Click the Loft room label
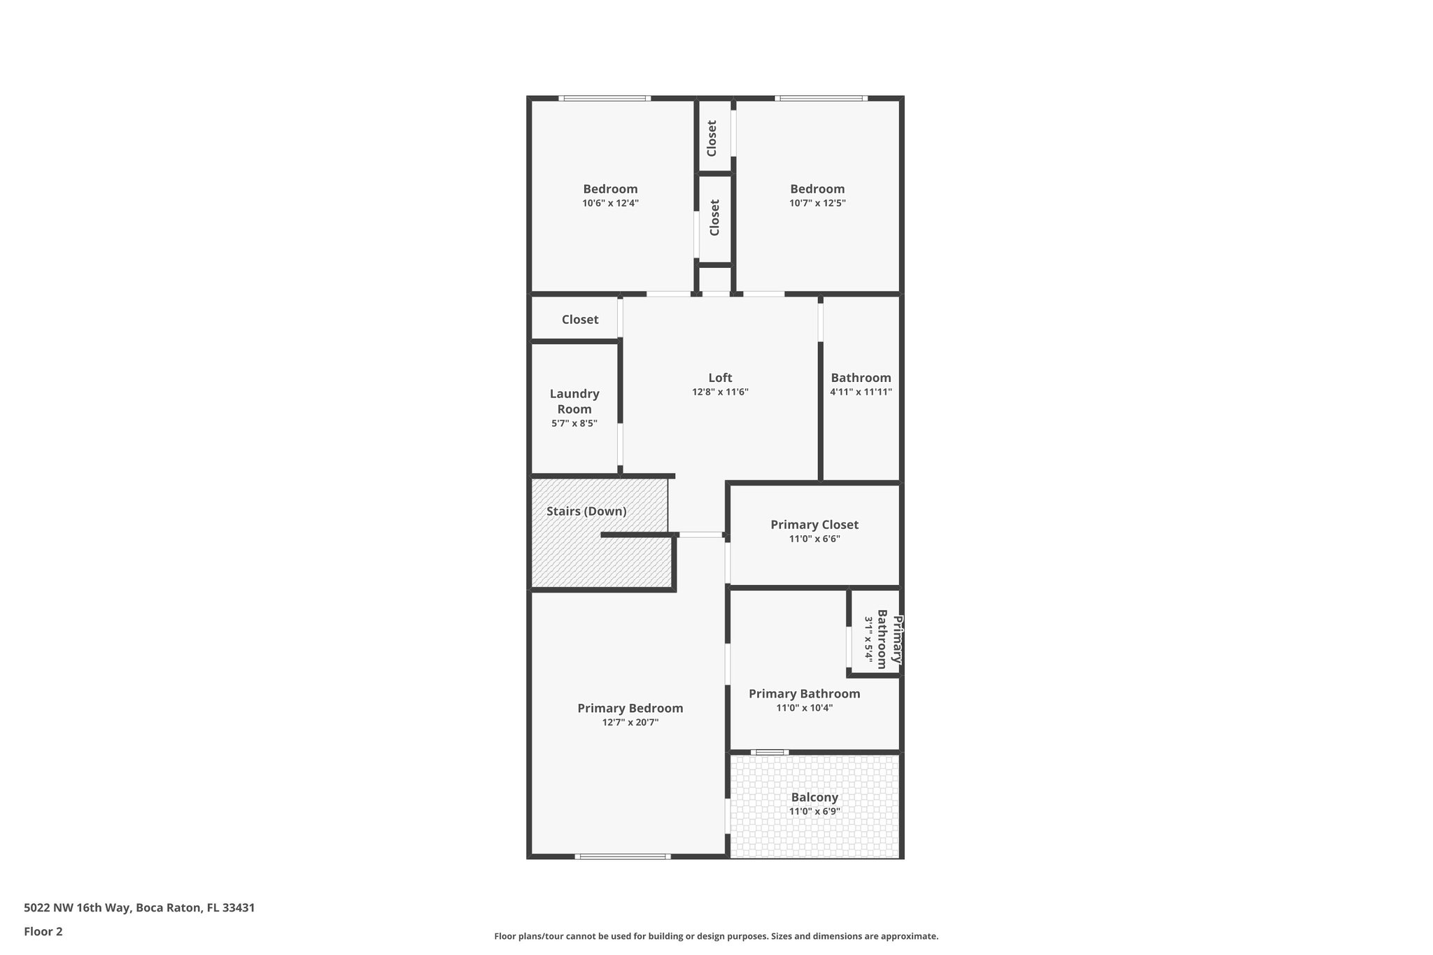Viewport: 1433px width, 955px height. pyautogui.click(x=720, y=378)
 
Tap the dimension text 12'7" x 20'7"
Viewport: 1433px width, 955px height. pyautogui.click(x=630, y=723)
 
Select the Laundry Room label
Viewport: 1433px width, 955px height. pyautogui.click(x=574, y=402)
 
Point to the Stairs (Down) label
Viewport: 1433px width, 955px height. pyautogui.click(x=586, y=511)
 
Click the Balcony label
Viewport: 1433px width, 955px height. pyautogui.click(x=814, y=798)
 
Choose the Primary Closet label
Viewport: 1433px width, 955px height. pyautogui.click(x=814, y=525)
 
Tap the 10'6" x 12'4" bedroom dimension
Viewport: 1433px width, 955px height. pyautogui.click(x=610, y=204)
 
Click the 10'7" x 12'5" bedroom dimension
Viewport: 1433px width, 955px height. pyautogui.click(x=817, y=204)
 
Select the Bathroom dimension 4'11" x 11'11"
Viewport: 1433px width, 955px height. pyautogui.click(x=861, y=392)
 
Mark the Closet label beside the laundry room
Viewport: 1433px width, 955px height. pyautogui.click(x=580, y=320)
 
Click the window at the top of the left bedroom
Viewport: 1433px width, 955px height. pyautogui.click(x=605, y=99)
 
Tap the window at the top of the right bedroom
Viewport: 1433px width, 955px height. pyautogui.click(x=821, y=99)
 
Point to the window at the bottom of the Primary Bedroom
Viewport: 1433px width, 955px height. pyautogui.click(x=623, y=856)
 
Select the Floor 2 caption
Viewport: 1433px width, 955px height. pyautogui.click(x=43, y=932)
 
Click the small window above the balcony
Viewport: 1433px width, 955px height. pyautogui.click(x=770, y=753)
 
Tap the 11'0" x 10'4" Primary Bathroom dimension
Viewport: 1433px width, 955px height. pyautogui.click(x=804, y=708)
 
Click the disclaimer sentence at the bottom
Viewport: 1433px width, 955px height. pyautogui.click(x=716, y=936)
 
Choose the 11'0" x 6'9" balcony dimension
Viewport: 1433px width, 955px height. pyautogui.click(x=814, y=812)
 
